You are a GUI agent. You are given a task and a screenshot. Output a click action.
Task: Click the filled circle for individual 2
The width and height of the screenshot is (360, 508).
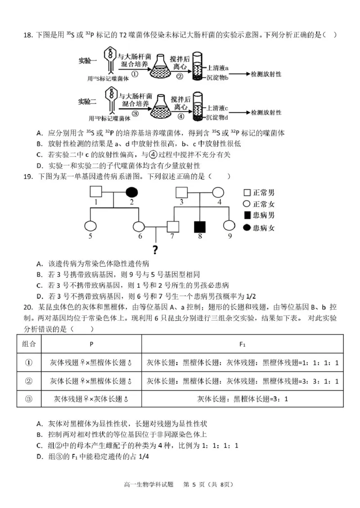[131, 192]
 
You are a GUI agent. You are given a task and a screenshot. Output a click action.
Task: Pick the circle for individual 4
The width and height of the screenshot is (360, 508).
[218, 192]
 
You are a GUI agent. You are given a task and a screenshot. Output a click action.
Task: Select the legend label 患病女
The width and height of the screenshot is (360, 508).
[264, 228]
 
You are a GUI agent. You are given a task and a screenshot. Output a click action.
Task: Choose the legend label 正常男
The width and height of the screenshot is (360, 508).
[264, 193]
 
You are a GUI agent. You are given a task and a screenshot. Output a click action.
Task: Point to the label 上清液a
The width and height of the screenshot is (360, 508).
[218, 67]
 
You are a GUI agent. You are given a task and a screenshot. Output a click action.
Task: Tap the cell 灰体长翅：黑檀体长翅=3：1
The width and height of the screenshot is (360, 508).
[242, 399]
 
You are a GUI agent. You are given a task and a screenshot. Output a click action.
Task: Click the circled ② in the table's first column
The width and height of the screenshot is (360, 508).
[29, 381]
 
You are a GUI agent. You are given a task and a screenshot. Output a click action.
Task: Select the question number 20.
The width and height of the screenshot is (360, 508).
[27, 307]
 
